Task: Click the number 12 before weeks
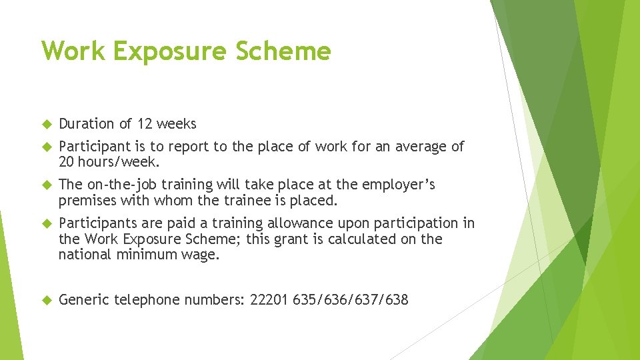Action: [x=145, y=123]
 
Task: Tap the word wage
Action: [x=201, y=254]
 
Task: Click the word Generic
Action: [x=84, y=300]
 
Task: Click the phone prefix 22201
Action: [x=269, y=300]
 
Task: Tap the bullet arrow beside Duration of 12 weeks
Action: [x=47, y=124]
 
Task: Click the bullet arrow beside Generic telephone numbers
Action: [x=47, y=301]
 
